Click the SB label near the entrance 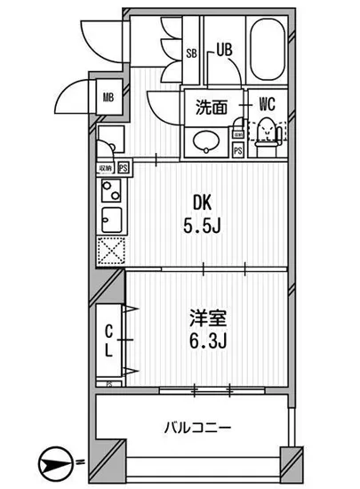pyautogui.click(x=190, y=52)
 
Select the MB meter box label pyautogui.click(x=107, y=97)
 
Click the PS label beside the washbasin pyautogui.click(x=237, y=151)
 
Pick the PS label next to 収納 pyautogui.click(x=123, y=166)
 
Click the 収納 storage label pyautogui.click(x=106, y=166)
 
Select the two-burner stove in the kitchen pyautogui.click(x=110, y=191)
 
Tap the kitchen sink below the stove pyautogui.click(x=110, y=219)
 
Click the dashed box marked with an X pyautogui.click(x=109, y=253)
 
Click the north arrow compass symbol pyautogui.click(x=55, y=461)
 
